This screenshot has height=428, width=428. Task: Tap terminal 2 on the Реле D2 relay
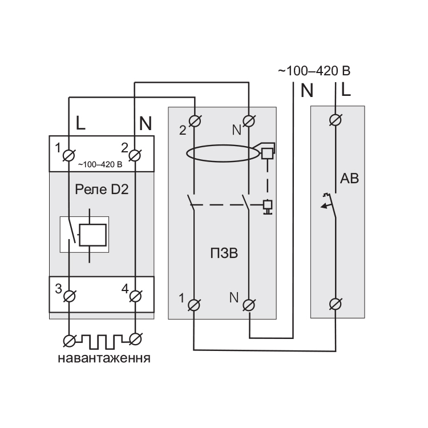point(135,154)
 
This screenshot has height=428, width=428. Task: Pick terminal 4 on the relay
point(135,296)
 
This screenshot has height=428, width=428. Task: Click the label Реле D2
point(102,189)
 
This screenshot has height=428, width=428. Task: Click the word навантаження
point(104,359)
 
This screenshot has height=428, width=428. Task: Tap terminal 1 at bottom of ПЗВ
point(195,304)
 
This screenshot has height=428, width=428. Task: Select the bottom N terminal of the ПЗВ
point(249,304)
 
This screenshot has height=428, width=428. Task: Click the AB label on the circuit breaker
point(349,179)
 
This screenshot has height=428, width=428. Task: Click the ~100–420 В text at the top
point(313,72)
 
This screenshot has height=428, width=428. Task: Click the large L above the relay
point(81,122)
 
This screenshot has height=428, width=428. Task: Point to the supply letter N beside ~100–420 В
point(307,90)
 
